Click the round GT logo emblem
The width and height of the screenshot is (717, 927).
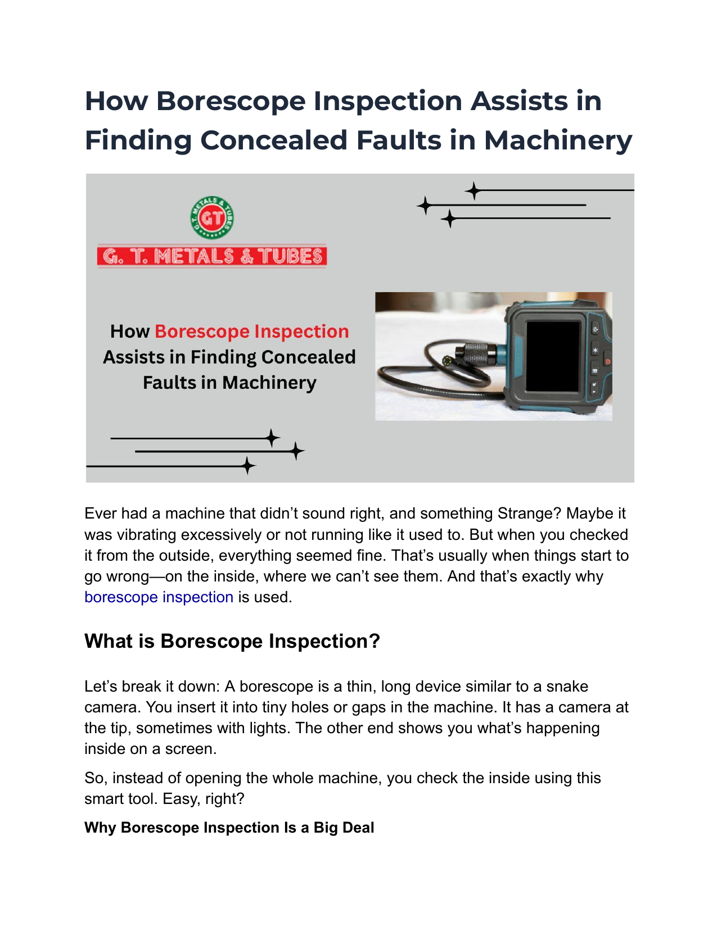(212, 218)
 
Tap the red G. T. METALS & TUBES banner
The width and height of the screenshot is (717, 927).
(212, 256)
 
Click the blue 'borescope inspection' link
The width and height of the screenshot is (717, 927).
(159, 597)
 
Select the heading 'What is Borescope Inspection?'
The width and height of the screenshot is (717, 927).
(232, 641)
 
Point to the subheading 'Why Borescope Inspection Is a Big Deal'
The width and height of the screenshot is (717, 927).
(229, 828)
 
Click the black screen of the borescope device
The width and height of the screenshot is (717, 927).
(552, 357)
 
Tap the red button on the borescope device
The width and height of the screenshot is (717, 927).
(607, 362)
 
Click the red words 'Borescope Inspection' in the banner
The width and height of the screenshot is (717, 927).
(251, 331)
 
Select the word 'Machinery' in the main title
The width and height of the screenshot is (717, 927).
(558, 140)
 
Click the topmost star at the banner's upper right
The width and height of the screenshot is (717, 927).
(474, 191)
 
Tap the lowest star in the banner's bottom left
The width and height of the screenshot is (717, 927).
(247, 466)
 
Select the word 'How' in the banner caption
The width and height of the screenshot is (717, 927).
(129, 331)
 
